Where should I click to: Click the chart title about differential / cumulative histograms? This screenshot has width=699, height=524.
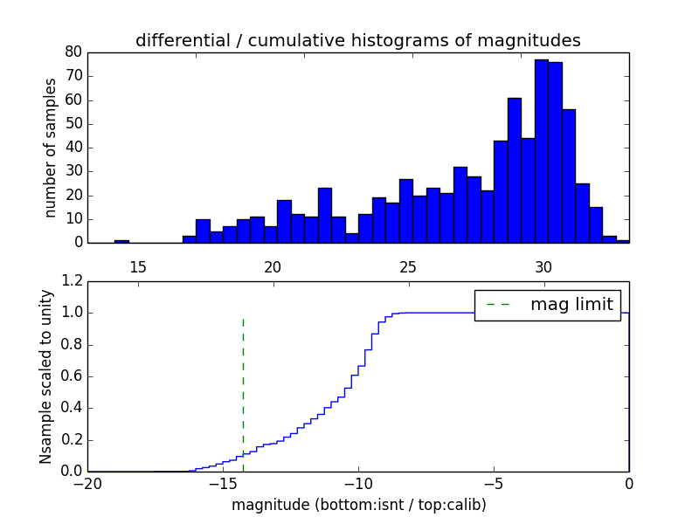point(357,40)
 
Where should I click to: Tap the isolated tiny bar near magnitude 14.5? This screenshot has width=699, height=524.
point(121,241)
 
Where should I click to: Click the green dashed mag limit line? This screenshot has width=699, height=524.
point(243,393)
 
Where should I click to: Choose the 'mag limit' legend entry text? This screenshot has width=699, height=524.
point(571,304)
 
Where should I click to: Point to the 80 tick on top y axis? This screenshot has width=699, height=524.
point(73,52)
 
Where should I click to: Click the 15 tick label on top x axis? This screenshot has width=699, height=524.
point(138,266)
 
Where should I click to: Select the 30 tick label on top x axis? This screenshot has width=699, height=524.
point(543,266)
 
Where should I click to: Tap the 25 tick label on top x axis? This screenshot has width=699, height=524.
point(408,266)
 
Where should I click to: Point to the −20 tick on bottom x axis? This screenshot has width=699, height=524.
point(87,485)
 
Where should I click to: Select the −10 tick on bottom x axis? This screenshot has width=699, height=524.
point(357,485)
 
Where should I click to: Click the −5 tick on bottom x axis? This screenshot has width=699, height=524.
point(493,485)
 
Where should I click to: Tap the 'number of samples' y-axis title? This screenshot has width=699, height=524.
point(51,148)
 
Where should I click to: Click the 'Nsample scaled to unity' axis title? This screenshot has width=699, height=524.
point(45,376)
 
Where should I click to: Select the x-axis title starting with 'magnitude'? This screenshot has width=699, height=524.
point(358,505)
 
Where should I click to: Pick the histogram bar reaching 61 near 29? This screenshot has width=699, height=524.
point(515,170)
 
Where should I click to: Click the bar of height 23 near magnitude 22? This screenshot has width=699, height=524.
point(325,215)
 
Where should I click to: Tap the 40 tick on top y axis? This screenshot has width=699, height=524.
point(73,148)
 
